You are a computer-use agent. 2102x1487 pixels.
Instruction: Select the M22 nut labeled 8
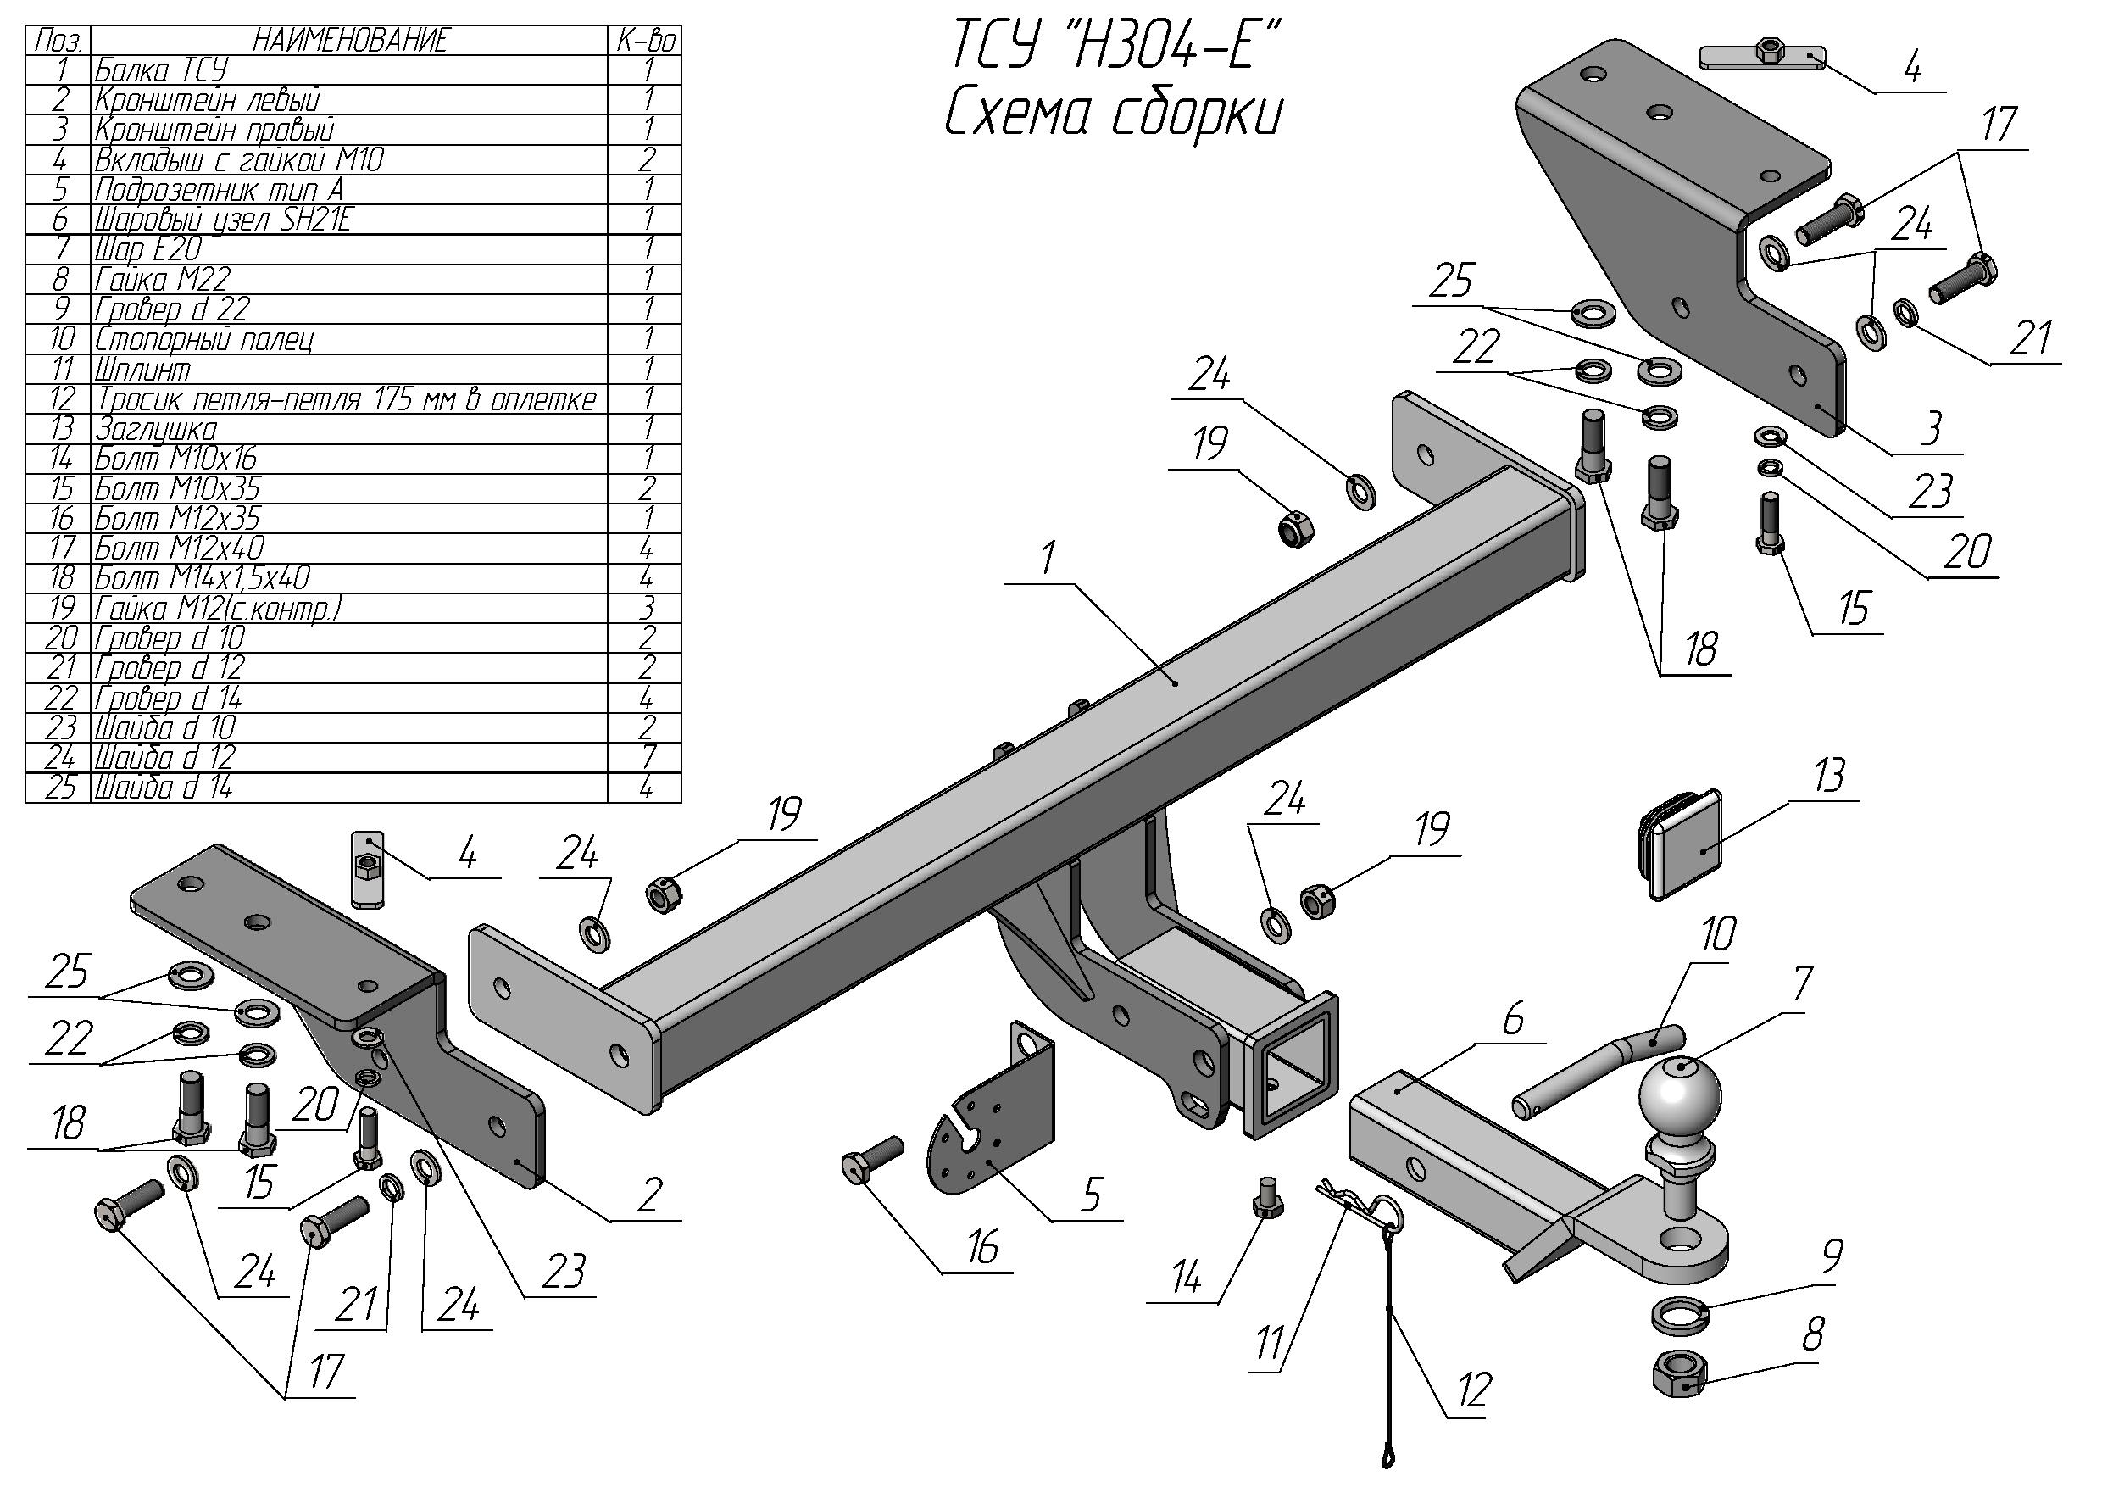coord(1678,1373)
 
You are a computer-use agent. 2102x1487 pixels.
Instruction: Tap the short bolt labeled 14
coord(1266,1199)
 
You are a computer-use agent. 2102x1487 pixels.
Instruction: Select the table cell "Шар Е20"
coord(147,249)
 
